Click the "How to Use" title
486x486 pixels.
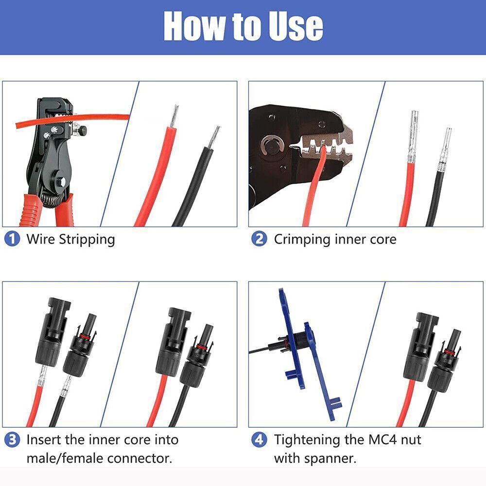pos(243,26)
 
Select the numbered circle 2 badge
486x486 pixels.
pos(259,239)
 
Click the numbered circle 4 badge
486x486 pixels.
pos(259,440)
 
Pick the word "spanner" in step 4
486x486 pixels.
pos(331,458)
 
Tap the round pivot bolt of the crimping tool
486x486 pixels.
pos(270,145)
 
